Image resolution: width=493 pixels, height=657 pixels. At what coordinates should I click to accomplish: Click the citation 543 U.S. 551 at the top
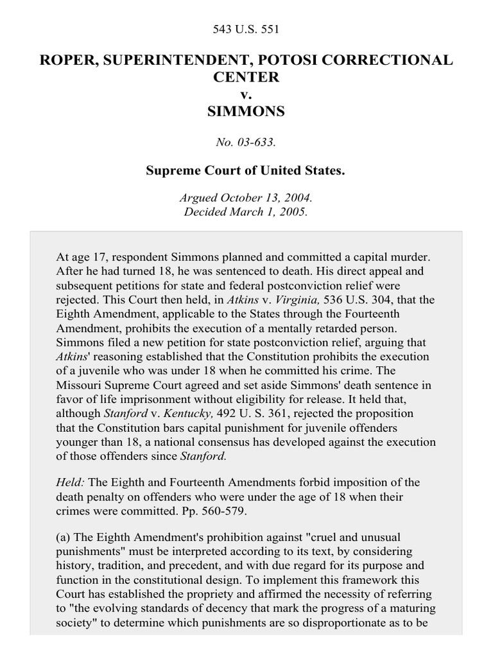pos(246,29)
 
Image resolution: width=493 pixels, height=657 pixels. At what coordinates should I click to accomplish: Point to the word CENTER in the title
pos(246,77)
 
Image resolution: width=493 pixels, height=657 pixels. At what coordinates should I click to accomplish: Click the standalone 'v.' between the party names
pos(246,94)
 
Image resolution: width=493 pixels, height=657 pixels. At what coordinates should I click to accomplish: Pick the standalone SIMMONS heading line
pos(246,112)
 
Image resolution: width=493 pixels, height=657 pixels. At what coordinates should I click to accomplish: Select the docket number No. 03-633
pos(246,142)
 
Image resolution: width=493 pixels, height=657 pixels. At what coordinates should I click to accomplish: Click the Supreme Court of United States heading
pos(246,172)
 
